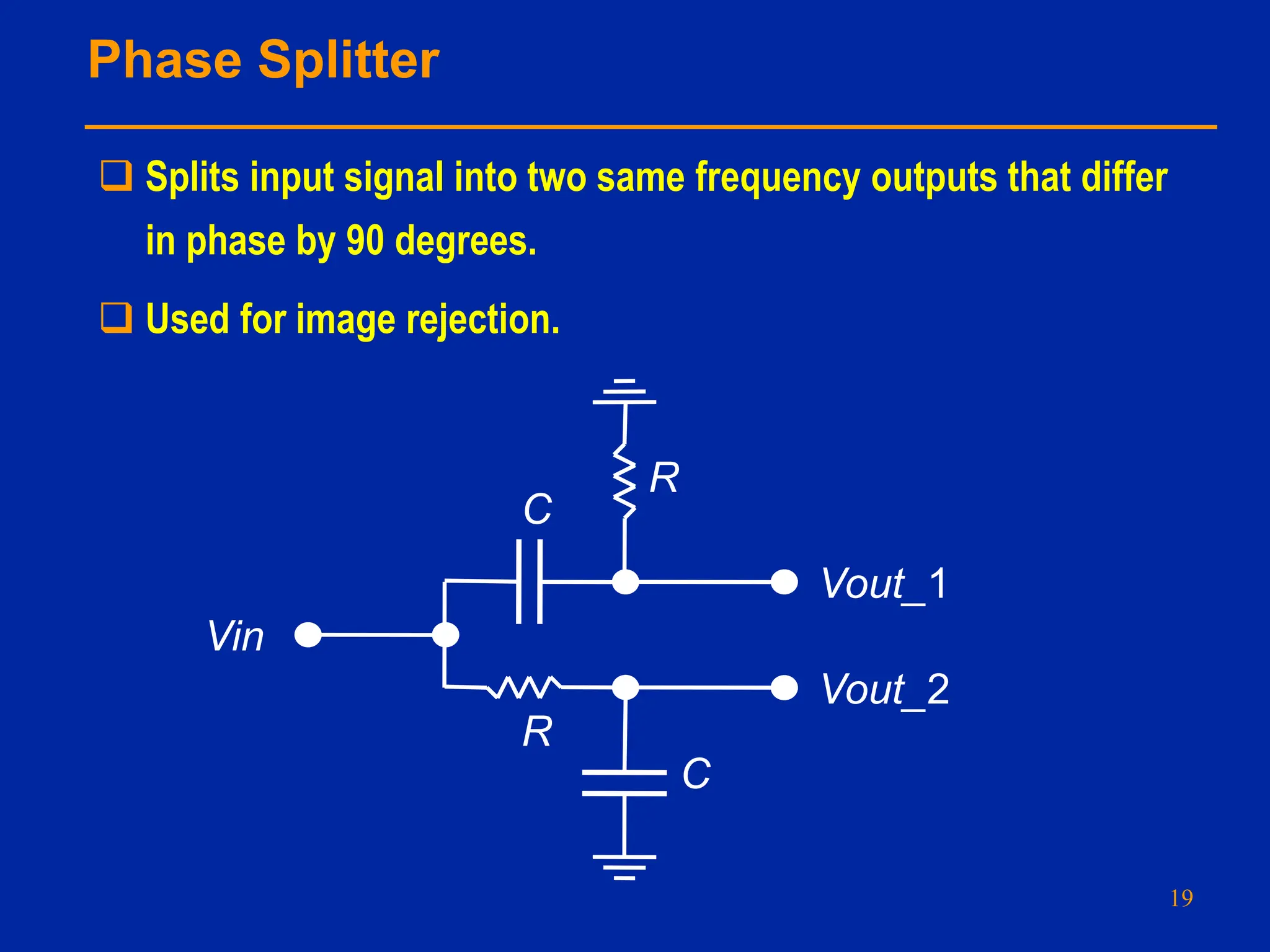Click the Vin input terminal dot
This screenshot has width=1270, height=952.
308,635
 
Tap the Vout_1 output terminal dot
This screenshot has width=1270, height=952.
784,582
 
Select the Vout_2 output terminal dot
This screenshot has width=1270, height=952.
784,688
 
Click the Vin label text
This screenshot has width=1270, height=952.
236,637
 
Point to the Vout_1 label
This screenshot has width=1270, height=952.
884,584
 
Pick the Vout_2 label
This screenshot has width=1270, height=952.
885,689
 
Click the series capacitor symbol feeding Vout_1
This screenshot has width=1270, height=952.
529,581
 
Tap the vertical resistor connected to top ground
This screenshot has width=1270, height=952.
624,481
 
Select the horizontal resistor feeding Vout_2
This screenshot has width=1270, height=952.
525,687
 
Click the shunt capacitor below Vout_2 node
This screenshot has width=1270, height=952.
624,783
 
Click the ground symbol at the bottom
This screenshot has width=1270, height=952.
624,866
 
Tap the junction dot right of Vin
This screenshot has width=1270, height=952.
445,635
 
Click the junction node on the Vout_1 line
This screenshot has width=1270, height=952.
625,582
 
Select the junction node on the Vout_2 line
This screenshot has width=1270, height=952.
625,688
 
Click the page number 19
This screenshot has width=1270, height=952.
1181,898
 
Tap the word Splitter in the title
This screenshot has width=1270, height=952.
349,60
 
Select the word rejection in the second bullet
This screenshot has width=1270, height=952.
483,320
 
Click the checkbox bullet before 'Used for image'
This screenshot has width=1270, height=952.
117,318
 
